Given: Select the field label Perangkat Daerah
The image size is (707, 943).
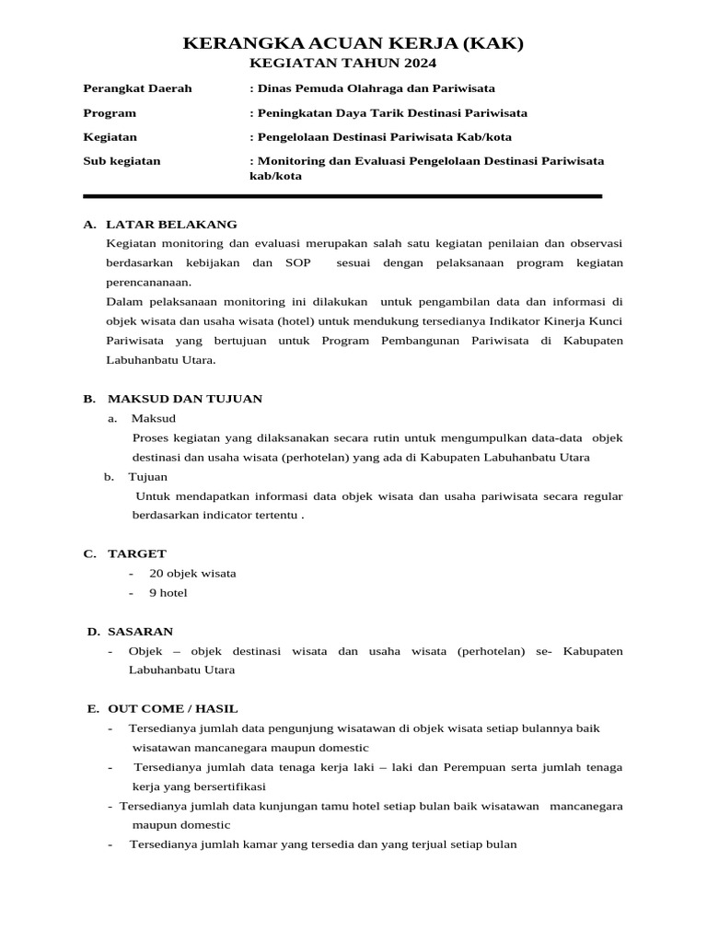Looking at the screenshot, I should click(137, 88).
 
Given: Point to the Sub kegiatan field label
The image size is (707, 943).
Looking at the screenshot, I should click(122, 160).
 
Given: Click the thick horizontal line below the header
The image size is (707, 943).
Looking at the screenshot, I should click(342, 196).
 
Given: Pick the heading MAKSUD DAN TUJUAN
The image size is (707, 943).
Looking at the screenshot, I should click(185, 399).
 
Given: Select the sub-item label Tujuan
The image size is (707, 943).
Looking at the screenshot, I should click(147, 477).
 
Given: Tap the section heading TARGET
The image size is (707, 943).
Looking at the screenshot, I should click(137, 553).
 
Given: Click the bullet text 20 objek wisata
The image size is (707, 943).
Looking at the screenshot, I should click(192, 573).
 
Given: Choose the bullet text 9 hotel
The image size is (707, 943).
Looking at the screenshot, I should click(168, 592).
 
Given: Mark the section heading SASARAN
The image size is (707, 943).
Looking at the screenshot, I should click(140, 631).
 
